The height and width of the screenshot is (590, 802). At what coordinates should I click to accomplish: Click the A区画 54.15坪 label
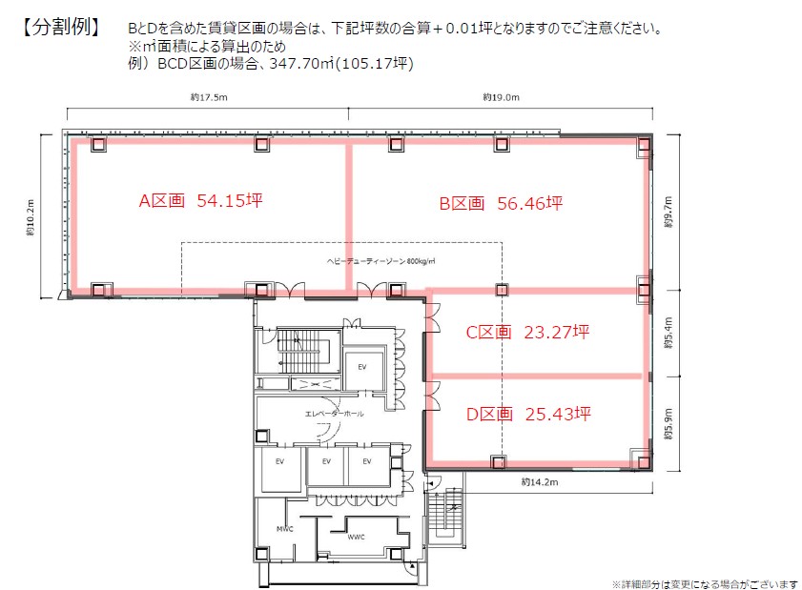tap(200, 200)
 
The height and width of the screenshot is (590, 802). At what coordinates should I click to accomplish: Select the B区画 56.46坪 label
tap(501, 203)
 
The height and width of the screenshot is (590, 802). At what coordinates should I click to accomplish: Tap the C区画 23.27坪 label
tap(527, 333)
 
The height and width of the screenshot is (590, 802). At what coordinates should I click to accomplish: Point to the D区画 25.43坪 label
tap(528, 414)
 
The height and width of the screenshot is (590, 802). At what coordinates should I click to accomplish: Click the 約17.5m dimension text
tap(209, 97)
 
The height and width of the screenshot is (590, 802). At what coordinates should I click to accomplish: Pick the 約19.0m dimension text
tap(502, 97)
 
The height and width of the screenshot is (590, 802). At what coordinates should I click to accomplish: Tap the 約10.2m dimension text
tap(31, 218)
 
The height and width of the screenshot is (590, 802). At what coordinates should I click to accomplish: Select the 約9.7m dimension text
tap(668, 213)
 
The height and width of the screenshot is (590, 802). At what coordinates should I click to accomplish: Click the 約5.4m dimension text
tap(668, 334)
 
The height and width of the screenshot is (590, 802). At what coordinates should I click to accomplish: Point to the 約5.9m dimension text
tap(668, 424)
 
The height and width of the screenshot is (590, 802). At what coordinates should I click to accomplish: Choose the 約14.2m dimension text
tap(540, 482)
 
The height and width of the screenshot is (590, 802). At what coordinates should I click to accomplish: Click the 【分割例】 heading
tap(60, 27)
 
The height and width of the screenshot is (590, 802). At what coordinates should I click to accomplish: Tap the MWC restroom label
tap(285, 529)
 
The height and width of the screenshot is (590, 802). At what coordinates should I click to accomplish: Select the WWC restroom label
tap(356, 537)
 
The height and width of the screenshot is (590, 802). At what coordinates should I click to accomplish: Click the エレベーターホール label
tap(334, 414)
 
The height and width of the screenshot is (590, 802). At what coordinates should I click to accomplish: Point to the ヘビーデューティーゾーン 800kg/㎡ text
tap(381, 261)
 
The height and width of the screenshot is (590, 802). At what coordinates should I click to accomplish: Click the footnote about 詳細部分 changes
tap(705, 584)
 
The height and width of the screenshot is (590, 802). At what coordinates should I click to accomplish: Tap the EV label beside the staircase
tap(362, 367)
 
